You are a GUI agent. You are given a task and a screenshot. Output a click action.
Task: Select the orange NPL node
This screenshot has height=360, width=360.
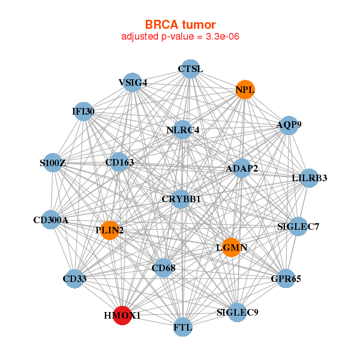pos(245,90)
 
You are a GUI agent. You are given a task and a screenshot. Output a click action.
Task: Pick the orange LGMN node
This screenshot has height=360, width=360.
pos(231,247)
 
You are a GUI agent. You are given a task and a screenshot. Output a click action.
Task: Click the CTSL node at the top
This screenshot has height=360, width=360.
pos(190,68)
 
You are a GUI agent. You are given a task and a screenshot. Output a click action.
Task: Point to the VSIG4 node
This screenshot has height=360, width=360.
pos(133,82)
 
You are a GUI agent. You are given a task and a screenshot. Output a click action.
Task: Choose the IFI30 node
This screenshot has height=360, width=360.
pos(84,112)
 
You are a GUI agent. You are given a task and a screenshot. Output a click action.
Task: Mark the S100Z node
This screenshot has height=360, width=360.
pos(53,163)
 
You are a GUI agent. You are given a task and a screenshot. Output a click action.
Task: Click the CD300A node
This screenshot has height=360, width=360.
pos(51,220)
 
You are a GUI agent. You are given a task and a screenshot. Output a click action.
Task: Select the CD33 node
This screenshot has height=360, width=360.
pos(74,278)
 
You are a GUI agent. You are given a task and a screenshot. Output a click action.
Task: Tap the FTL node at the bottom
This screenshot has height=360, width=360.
pos(182,328)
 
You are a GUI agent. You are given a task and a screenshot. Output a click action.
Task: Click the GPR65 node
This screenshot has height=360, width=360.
pos(286,278)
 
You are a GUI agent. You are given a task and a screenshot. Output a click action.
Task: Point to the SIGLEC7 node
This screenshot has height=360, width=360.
pos(298,227)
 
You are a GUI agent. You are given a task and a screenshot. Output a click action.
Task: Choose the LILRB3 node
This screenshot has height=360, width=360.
pos(308,178)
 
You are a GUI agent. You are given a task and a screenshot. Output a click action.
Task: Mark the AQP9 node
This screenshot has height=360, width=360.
pos(289,125)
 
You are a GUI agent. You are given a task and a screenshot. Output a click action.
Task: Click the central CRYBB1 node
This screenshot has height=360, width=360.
pos(181,199)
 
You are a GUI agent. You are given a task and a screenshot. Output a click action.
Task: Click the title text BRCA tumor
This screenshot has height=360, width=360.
pos(181,25)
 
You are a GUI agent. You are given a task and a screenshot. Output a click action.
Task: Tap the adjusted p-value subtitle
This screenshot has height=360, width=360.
pos(181,37)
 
